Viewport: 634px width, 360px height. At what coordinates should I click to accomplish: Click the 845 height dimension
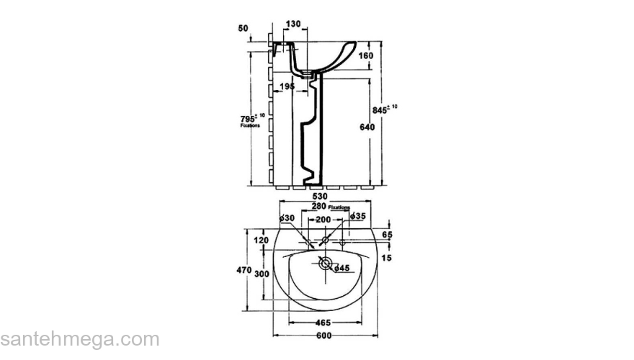click(380, 110)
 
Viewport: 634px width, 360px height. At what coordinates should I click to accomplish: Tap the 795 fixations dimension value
click(248, 118)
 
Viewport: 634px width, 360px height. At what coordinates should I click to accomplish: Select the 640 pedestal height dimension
click(367, 127)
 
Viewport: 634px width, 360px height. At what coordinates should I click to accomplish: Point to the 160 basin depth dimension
click(366, 55)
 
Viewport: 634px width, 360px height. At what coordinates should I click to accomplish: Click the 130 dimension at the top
click(293, 24)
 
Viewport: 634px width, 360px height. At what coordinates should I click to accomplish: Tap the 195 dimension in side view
click(287, 86)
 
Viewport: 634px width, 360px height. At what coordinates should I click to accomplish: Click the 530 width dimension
click(319, 196)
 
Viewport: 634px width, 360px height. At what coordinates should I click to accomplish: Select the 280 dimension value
click(318, 206)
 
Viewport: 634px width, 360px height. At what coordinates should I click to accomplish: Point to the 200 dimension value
click(323, 219)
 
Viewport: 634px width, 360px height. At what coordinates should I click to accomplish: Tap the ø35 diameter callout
click(358, 216)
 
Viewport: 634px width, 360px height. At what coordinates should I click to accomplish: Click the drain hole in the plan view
click(325, 264)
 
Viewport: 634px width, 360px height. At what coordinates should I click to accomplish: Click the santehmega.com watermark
click(79, 340)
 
